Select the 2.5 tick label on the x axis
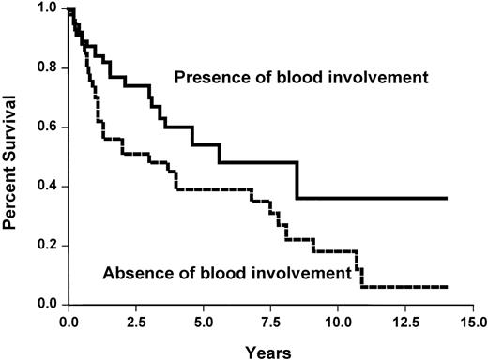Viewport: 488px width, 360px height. coord(136,321)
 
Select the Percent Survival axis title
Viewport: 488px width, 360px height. coord(14,157)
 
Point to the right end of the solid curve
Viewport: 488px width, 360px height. coord(447,199)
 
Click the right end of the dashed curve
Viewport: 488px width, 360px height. coord(447,287)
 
